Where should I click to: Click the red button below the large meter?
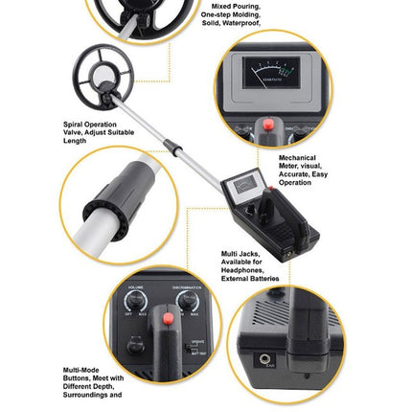pos(269,125)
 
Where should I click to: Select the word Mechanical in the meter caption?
pos(293,157)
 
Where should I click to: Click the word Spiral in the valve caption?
pos(71,123)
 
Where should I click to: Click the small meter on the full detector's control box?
pos(245,184)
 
